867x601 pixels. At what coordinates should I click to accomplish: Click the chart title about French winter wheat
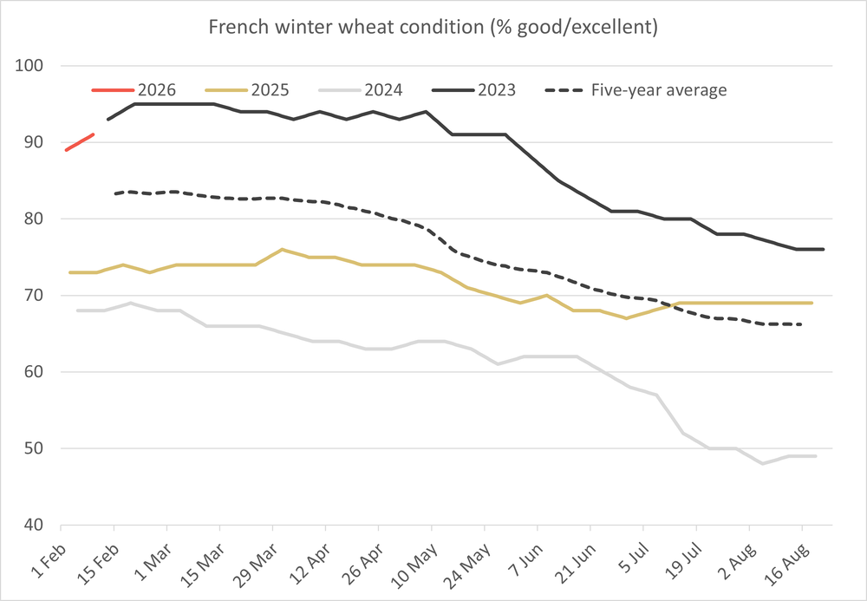point(433,27)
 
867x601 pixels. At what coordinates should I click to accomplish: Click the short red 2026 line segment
point(80,142)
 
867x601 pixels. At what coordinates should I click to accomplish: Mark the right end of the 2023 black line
point(823,250)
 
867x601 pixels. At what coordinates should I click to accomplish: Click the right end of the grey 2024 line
point(816,456)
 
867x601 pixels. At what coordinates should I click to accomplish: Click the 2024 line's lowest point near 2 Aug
point(762,463)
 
